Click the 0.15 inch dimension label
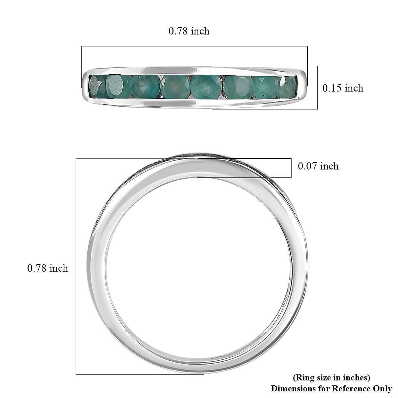[x=343, y=88]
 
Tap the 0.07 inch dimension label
[x=318, y=166]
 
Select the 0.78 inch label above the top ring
[x=189, y=31]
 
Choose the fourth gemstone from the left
[x=175, y=87]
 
